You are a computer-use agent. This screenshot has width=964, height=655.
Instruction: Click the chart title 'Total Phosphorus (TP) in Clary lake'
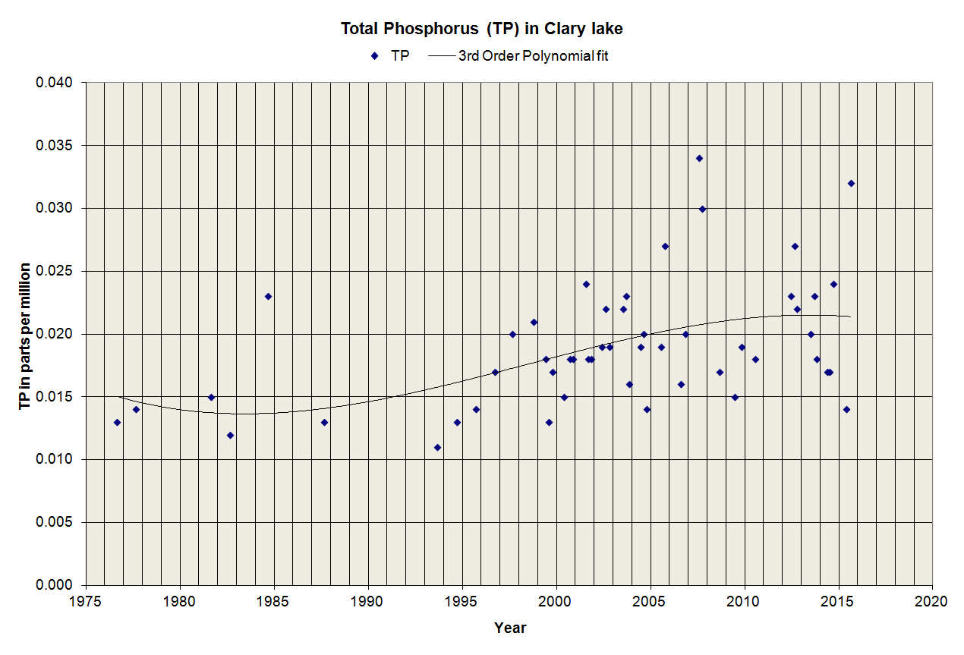tap(482, 29)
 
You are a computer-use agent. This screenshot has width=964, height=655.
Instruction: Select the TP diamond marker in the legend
tap(374, 55)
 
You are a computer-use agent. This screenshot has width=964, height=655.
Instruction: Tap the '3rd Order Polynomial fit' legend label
tap(533, 55)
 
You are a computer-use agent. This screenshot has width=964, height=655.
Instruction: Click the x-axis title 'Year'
tap(510, 628)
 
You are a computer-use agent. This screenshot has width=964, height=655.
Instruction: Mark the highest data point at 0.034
tap(699, 158)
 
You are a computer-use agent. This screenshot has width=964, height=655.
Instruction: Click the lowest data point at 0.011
tap(437, 447)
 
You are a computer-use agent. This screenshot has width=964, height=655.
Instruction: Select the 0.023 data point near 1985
tap(268, 296)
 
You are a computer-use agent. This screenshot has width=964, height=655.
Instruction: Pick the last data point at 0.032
tap(851, 183)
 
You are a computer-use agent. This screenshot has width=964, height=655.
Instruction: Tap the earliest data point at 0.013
tap(117, 422)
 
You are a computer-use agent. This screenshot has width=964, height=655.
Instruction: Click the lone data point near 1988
tap(324, 422)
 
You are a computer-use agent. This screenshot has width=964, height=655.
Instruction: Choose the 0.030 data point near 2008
tap(702, 209)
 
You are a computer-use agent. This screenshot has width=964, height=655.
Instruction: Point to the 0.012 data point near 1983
tap(230, 435)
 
